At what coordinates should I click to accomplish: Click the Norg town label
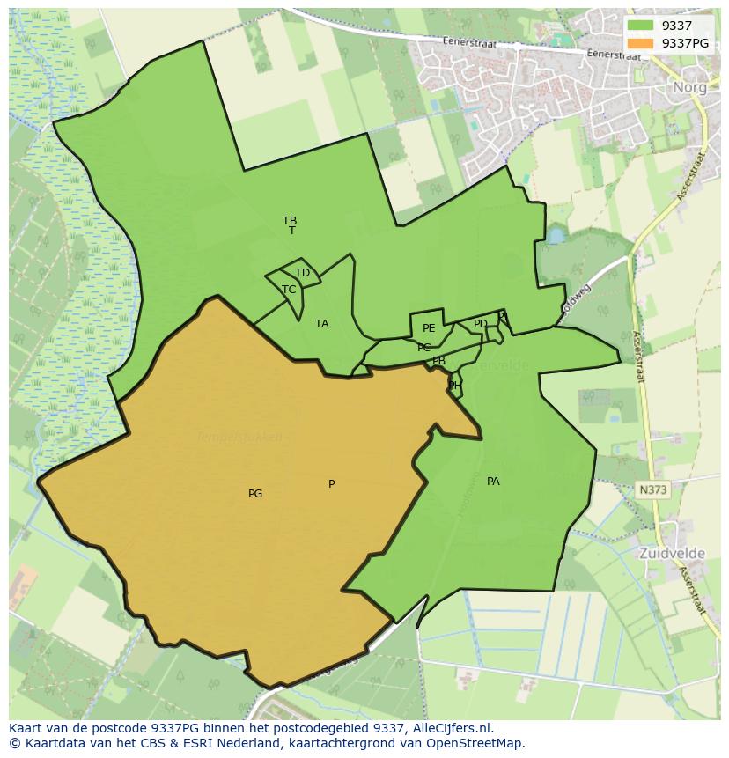(689, 87)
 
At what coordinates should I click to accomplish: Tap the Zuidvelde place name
(674, 554)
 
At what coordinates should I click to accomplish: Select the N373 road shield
(652, 488)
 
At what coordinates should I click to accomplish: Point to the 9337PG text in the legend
(686, 43)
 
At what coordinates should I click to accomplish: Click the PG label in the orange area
(255, 494)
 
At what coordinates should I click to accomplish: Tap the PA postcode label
(493, 482)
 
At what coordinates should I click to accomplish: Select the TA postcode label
(322, 324)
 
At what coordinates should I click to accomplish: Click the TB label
(290, 220)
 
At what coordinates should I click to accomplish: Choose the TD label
(302, 273)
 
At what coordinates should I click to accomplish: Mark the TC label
(289, 289)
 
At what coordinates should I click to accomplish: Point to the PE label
(429, 328)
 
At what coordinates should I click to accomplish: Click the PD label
(480, 324)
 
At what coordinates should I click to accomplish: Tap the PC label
(424, 348)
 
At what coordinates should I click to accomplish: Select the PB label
(438, 361)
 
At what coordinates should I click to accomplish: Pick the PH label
(454, 385)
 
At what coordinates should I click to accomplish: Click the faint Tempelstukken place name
(239, 437)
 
